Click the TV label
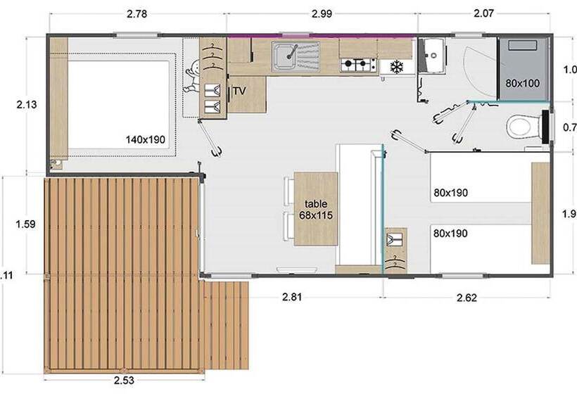tap(239, 91)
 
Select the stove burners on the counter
tap(357, 65)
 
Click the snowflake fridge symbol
tap(397, 68)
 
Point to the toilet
tap(521, 127)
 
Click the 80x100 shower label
tap(522, 83)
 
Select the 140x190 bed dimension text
tap(146, 139)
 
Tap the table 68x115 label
tap(316, 209)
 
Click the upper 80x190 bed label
tap(451, 192)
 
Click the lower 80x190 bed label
tap(451, 233)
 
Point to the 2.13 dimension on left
tap(27, 104)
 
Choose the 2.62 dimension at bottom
tap(467, 298)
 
